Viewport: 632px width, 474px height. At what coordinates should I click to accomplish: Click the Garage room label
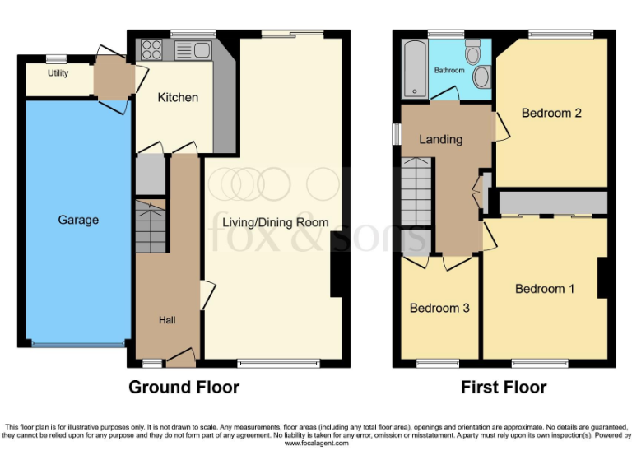(x=78, y=220)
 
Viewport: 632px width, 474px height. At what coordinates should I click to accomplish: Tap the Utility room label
(x=58, y=73)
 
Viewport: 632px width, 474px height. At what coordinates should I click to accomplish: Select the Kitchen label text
(x=178, y=97)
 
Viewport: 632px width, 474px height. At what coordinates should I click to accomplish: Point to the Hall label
(x=167, y=320)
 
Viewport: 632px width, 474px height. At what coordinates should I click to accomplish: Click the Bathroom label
(x=449, y=71)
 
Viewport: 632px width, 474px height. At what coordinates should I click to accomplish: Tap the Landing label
(x=440, y=139)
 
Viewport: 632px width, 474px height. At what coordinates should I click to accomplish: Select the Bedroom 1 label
(x=545, y=289)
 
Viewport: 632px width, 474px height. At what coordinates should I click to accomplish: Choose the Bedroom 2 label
(x=551, y=113)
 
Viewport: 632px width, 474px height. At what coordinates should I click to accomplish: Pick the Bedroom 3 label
(x=439, y=308)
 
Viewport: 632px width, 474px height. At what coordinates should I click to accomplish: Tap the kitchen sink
(x=193, y=50)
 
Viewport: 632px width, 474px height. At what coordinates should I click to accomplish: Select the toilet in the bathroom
(x=473, y=53)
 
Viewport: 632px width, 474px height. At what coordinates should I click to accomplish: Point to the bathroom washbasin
(x=481, y=77)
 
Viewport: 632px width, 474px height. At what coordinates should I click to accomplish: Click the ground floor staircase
(x=151, y=226)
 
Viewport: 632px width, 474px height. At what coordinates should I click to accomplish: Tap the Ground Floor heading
(x=184, y=387)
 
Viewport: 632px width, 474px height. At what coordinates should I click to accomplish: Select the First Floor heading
(x=504, y=387)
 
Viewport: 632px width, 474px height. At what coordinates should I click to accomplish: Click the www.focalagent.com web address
(x=316, y=444)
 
